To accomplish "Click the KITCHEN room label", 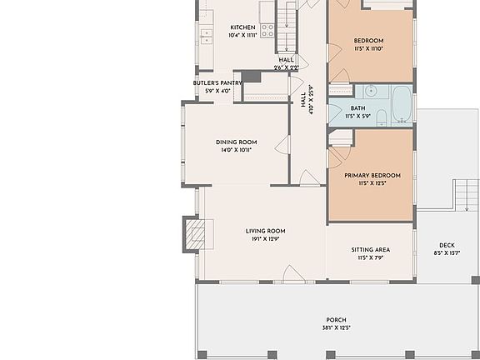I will (x=242, y=27).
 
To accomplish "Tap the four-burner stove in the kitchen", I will (x=267, y=30).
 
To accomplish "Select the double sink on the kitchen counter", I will (x=206, y=36).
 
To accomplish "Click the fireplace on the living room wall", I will (x=192, y=232).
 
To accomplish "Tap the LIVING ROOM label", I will (x=265, y=231).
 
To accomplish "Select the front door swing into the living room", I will (x=293, y=273).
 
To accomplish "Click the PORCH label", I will (x=336, y=320).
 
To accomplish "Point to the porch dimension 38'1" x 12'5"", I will (x=336, y=328).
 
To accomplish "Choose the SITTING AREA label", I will (x=371, y=249).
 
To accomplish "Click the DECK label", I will (x=447, y=245).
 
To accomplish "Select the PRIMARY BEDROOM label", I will (x=372, y=175).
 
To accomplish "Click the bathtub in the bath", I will (x=401, y=103).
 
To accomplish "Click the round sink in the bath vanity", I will (x=371, y=92).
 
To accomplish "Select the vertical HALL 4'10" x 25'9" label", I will (x=307, y=100).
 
